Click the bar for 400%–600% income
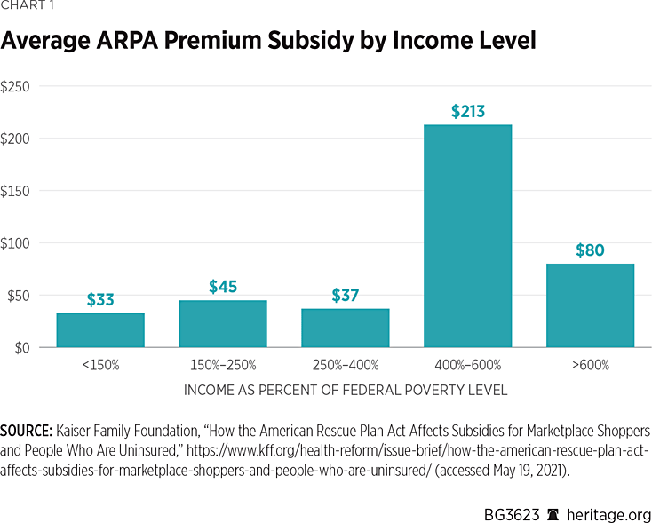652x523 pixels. coord(467,236)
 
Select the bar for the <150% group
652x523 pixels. coord(100,330)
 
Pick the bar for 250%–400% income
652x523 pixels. coord(345,329)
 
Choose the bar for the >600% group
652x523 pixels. coord(590,305)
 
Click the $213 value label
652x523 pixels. coord(467,112)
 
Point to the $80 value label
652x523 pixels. coord(590,250)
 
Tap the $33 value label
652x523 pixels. coord(100,299)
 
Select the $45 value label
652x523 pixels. coord(223,287)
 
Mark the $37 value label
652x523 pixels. coord(345,295)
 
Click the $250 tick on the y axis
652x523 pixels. coord(16,87)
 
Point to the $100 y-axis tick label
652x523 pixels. coord(16,243)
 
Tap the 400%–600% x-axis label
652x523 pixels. coord(467,365)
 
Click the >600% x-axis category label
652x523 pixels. coord(590,365)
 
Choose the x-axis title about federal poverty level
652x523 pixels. coord(346,390)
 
